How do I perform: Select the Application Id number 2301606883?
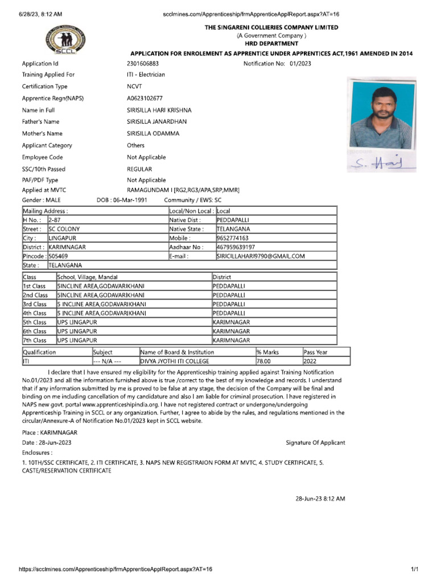(143, 64)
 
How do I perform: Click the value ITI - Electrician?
(146, 75)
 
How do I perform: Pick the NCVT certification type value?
(137, 87)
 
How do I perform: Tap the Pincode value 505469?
(58, 257)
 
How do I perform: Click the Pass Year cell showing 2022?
(311, 361)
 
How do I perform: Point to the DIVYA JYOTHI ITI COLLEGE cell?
(175, 361)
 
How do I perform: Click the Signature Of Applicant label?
(315, 442)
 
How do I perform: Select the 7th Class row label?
(35, 340)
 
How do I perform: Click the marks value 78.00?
(263, 361)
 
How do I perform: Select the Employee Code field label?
(43, 157)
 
